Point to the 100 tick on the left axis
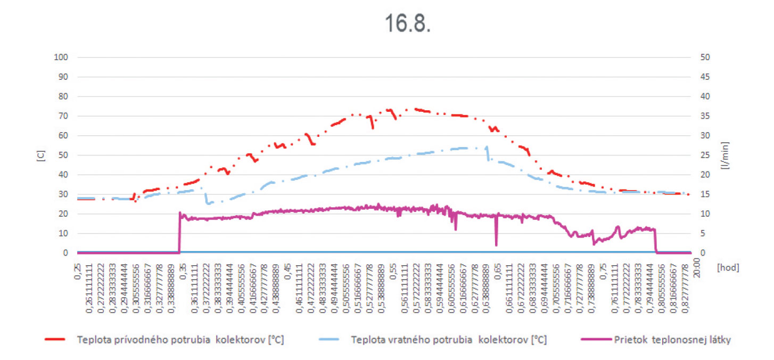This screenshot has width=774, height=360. pyautogui.click(x=60, y=58)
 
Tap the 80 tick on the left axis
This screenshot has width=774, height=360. pyautogui.click(x=62, y=96)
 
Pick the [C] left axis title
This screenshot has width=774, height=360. pyautogui.click(x=42, y=155)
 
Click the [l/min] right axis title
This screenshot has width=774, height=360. pyautogui.click(x=726, y=155)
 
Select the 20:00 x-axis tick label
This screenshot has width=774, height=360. pyautogui.click(x=697, y=268)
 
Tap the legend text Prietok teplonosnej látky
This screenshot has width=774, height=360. pyautogui.click(x=672, y=340)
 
